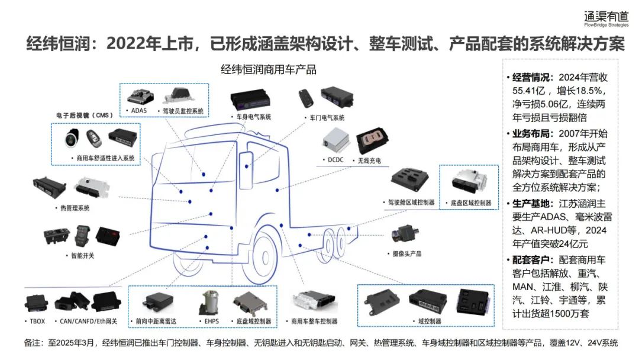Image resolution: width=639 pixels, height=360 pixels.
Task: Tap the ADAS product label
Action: tap(138, 111)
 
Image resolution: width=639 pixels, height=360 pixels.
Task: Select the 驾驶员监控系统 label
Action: tap(183, 111)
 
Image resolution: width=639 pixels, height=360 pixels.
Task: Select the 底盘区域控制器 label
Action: tap(470, 202)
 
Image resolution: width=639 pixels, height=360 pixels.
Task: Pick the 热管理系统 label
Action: tap(75, 208)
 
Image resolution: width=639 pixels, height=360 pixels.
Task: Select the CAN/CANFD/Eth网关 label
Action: tap(89, 322)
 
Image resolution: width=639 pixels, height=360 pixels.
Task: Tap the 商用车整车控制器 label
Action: tap(314, 322)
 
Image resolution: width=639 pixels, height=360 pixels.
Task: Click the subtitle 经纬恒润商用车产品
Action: tap(268, 69)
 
